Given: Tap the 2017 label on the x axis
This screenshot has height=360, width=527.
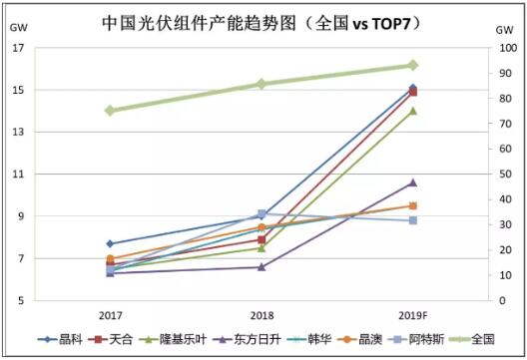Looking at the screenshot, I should tap(110, 314).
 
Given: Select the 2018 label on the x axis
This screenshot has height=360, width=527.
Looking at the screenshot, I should tap(262, 314).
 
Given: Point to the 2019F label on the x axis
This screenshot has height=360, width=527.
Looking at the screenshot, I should tap(412, 314).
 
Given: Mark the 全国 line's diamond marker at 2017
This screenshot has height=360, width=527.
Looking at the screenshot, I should tap(110, 111).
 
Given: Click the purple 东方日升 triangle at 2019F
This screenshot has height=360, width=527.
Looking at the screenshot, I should tap(412, 182).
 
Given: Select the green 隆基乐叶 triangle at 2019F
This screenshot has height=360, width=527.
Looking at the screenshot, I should tap(412, 111).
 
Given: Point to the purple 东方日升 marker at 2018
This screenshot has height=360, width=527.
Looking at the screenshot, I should tap(262, 266).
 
